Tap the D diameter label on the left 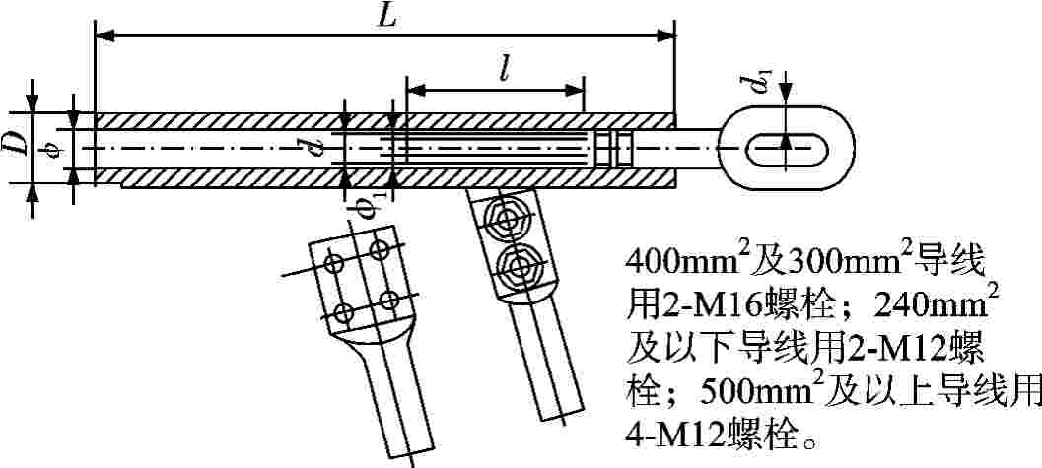[x=13, y=146]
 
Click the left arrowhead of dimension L [x=101, y=36]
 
